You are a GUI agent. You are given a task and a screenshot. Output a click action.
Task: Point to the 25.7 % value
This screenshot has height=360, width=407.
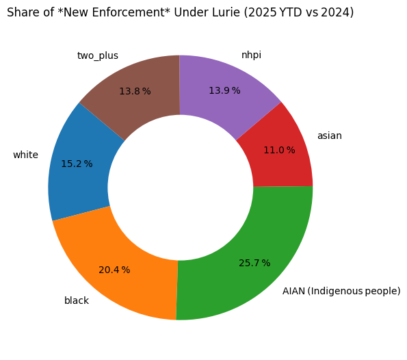pos(254,263)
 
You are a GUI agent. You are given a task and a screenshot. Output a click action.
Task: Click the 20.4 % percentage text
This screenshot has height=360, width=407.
pos(114,270)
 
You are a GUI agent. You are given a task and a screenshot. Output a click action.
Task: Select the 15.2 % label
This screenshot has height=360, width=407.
pos(77,164)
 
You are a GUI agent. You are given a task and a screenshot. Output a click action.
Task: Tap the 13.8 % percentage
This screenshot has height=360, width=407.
pos(135,91)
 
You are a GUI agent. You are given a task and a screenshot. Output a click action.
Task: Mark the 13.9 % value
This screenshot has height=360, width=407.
pos(224,90)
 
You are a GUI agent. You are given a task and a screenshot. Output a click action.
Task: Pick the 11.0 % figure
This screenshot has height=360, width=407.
pos(279,150)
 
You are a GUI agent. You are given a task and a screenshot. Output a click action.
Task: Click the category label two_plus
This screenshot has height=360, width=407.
pos(98,55)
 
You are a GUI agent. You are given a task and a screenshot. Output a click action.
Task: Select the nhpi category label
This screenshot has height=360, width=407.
pos(251,55)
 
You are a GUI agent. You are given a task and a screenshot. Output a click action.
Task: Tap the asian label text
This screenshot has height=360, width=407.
pos(330,136)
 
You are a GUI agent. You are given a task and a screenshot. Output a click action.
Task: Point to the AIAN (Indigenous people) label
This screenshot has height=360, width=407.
pos(341,291)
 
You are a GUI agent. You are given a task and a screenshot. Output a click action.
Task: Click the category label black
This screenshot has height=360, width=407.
pos(77,300)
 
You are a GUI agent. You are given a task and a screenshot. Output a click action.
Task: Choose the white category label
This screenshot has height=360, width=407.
pos(26,155)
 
